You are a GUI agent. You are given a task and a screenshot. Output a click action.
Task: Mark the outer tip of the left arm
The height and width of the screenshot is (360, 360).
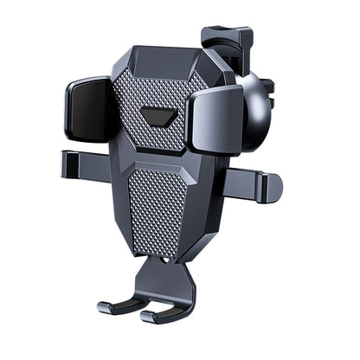(63, 164)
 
